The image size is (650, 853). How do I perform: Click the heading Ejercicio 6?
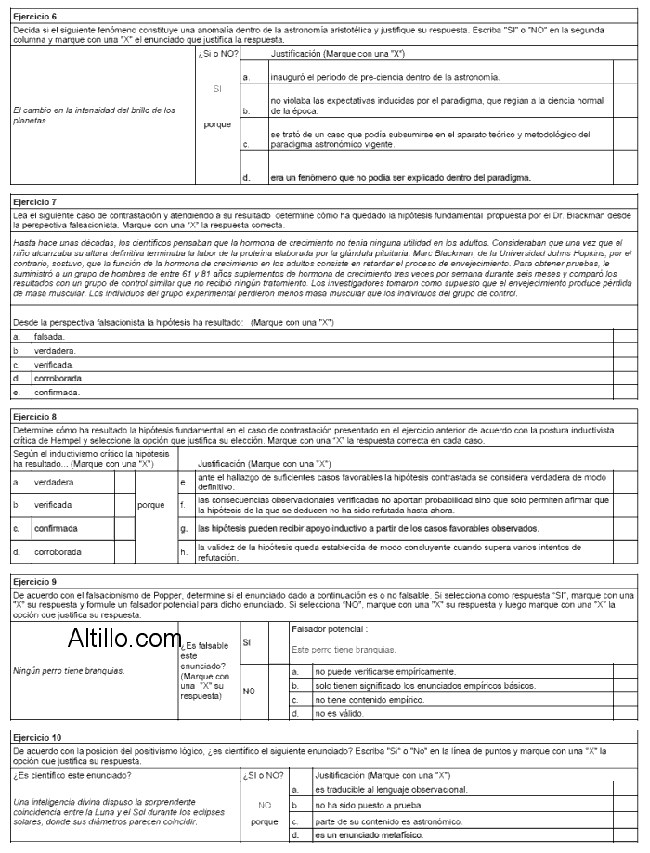pyautogui.click(x=34, y=18)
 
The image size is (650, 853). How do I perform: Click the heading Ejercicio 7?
pyautogui.click(x=34, y=200)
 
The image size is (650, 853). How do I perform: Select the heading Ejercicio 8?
pyautogui.click(x=34, y=418)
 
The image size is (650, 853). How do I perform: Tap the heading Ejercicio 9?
pyautogui.click(x=34, y=581)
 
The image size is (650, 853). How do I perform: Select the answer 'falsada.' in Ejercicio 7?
pyautogui.click(x=49, y=337)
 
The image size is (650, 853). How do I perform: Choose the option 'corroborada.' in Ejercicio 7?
pyautogui.click(x=58, y=379)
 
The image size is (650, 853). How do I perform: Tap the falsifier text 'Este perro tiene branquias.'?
pyautogui.click(x=343, y=649)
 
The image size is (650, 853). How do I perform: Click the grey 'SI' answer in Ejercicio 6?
pyautogui.click(x=217, y=89)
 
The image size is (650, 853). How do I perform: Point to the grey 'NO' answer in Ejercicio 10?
pyautogui.click(x=264, y=805)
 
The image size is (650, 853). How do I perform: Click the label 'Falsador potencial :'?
pyautogui.click(x=322, y=629)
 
